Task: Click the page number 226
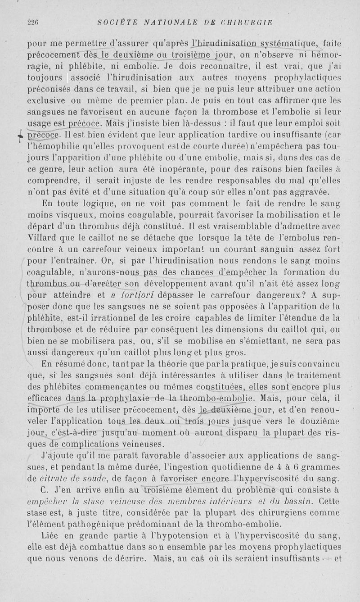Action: pos(34,22)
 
